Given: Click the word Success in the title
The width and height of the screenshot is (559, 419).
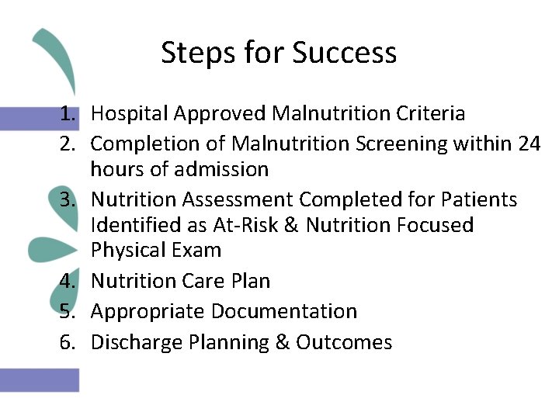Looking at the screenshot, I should [345, 53].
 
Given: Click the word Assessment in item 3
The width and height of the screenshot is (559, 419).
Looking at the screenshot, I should [240, 200].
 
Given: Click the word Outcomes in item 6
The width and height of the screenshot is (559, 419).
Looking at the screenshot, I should [344, 342].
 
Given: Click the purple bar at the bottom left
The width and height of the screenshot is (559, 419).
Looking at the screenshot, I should [39, 379].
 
